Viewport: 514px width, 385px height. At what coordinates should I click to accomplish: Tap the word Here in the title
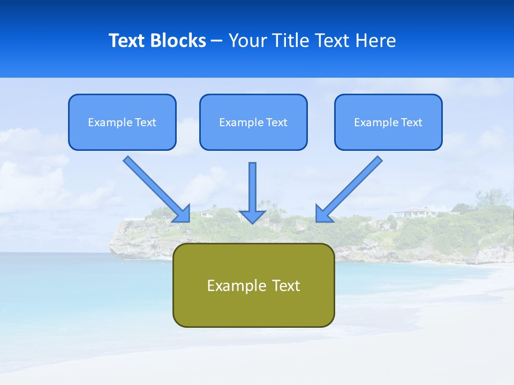[376, 41]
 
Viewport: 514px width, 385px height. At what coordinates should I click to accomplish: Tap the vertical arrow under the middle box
[253, 187]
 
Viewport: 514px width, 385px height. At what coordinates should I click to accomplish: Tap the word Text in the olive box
[285, 286]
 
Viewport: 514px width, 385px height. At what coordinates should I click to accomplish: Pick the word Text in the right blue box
[411, 122]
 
